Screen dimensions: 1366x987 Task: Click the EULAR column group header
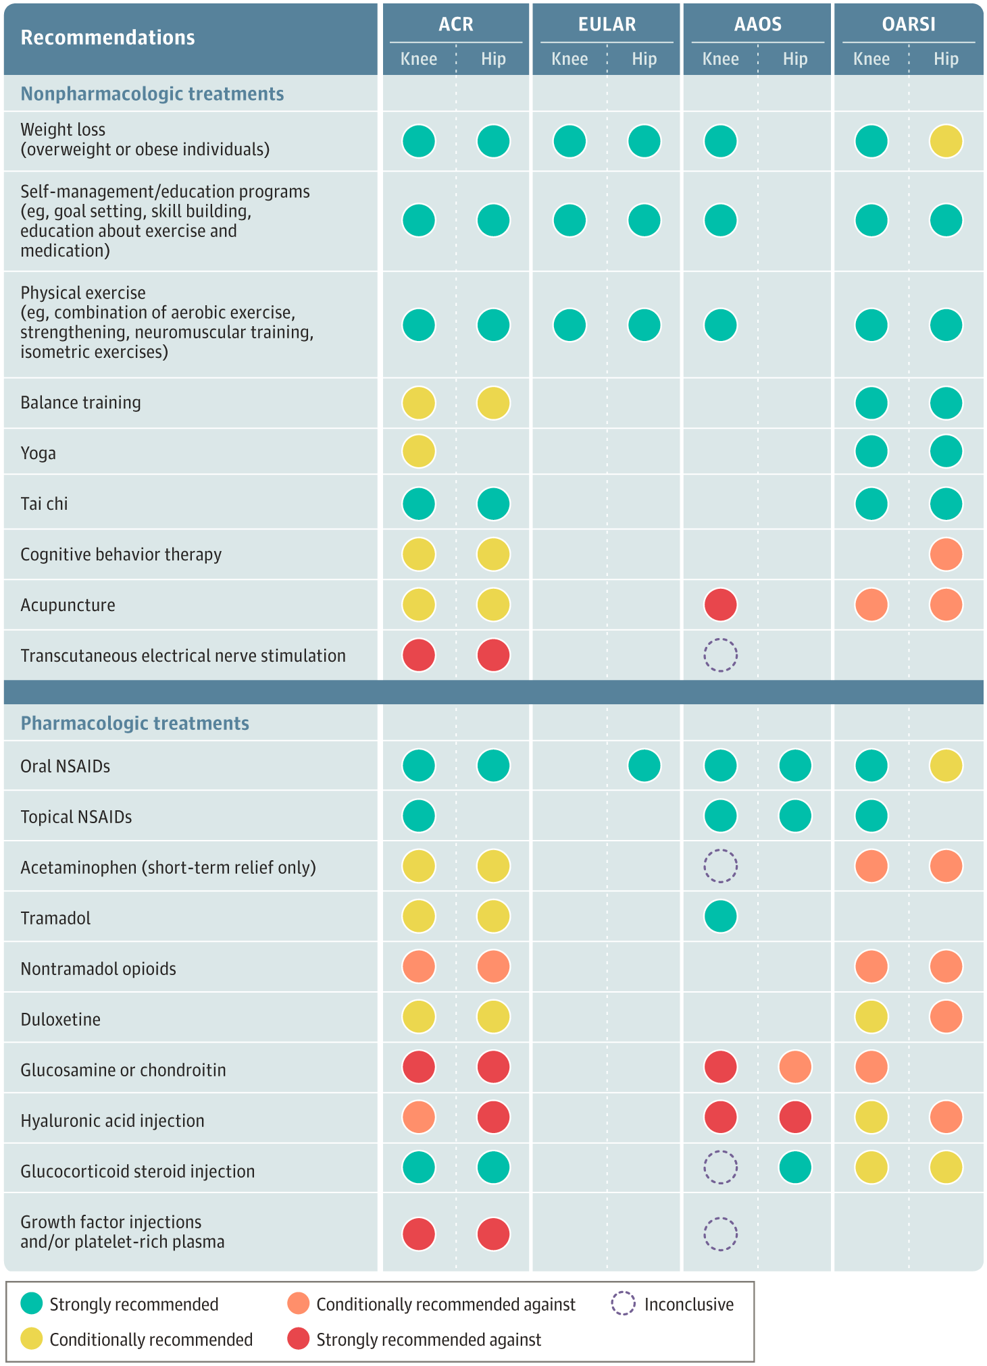pyautogui.click(x=606, y=24)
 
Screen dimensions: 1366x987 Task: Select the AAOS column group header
pyautogui.click(x=757, y=24)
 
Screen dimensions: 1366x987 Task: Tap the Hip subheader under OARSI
pyautogui.click(x=946, y=59)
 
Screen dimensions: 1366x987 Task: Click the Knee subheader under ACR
pyautogui.click(x=419, y=59)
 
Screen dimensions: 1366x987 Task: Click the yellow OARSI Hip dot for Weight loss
pyautogui.click(x=946, y=142)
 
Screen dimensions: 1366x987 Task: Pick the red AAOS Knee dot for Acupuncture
pyautogui.click(x=720, y=604)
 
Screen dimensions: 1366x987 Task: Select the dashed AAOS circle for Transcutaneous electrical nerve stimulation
pyautogui.click(x=720, y=655)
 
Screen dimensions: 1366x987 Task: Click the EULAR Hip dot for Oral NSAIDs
pyautogui.click(x=644, y=766)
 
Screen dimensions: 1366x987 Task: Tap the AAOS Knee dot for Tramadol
pyautogui.click(x=720, y=917)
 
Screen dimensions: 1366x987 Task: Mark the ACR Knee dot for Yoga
pyautogui.click(x=419, y=451)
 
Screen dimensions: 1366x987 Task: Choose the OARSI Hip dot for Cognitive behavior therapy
pyautogui.click(x=946, y=554)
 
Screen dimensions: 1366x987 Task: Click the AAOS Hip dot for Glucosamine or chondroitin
pyautogui.click(x=795, y=1068)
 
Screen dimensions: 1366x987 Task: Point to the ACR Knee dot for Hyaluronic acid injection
pyautogui.click(x=419, y=1118)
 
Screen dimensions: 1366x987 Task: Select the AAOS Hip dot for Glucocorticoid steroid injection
pyautogui.click(x=795, y=1167)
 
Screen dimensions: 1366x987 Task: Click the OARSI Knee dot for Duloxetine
pyautogui.click(x=871, y=1017)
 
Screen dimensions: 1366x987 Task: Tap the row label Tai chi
pyautogui.click(x=45, y=504)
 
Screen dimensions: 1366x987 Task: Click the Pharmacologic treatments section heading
pyautogui.click(x=135, y=723)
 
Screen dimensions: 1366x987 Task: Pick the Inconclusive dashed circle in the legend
pyautogui.click(x=623, y=1304)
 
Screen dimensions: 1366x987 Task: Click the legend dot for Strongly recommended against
pyautogui.click(x=298, y=1339)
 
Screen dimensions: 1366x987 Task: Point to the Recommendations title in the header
pyautogui.click(x=108, y=38)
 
